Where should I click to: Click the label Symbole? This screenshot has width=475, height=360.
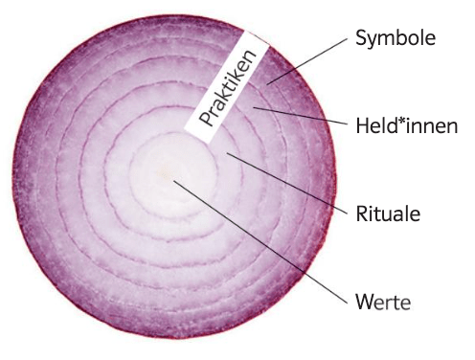396,38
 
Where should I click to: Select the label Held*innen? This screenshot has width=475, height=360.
407,125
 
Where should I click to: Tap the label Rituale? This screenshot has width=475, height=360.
388,214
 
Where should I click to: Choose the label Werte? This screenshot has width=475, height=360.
383,302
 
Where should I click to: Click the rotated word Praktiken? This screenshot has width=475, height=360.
228,87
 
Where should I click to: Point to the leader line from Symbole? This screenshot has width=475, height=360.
307,61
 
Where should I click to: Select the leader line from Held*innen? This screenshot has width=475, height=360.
301,116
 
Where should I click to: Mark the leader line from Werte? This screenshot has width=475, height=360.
260,241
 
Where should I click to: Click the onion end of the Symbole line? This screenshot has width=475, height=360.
267,84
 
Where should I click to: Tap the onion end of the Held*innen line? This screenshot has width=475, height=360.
254,108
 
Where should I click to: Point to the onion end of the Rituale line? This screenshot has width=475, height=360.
227,153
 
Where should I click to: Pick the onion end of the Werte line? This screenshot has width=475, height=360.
173,181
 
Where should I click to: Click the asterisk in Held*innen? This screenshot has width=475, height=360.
401,121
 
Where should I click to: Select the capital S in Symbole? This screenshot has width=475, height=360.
361,38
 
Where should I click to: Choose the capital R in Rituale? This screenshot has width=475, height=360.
362,214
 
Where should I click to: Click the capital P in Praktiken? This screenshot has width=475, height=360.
207,119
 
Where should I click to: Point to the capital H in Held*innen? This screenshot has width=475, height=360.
363,125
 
